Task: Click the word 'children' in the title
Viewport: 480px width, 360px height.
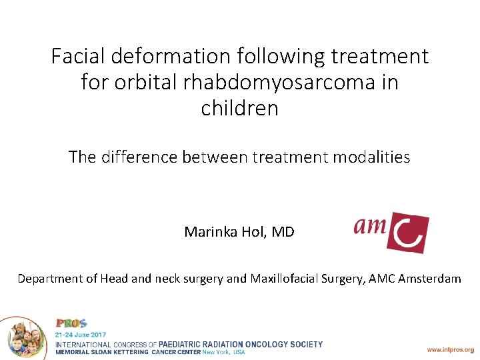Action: tap(240, 108)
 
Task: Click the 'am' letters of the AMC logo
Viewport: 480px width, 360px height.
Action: tap(370, 227)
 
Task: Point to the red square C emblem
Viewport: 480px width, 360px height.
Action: tap(409, 233)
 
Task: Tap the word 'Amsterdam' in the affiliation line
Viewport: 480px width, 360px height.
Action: tap(429, 279)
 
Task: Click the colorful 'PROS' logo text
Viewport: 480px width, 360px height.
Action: tap(71, 323)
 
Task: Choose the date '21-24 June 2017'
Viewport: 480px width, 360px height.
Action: tap(80, 334)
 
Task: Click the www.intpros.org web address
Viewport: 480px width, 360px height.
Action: tap(450, 349)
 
